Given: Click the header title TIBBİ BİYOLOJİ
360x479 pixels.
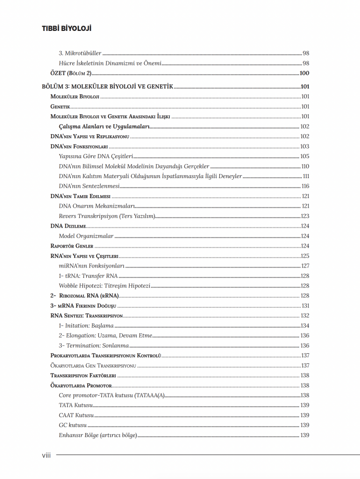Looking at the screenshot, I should tap(66, 28).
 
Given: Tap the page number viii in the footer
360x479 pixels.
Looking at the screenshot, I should tap(47, 455).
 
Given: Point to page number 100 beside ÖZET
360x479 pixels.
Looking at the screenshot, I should tap(304, 73).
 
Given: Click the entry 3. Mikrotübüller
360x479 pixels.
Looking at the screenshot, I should tap(80, 53).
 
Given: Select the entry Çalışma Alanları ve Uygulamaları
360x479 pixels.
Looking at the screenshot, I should tap(104, 126).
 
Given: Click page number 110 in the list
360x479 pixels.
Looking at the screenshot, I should tap(305, 166).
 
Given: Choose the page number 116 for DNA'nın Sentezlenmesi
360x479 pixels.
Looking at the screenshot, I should tap(305, 186).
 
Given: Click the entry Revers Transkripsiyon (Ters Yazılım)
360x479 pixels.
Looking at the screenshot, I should tap(107, 216).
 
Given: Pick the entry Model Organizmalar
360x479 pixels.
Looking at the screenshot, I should tap(86, 236).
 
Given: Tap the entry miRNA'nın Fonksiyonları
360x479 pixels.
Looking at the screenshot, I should tap(91, 266).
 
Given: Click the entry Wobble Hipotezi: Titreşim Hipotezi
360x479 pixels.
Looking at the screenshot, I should tap(104, 286).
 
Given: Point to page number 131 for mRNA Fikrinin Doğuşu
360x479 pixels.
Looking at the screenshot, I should tap(305, 306).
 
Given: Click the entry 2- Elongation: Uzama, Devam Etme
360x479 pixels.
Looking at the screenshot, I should tap(105, 336).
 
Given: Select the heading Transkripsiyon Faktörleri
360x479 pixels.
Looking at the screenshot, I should tap(83, 375).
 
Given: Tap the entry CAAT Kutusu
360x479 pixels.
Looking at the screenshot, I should tap(76, 415).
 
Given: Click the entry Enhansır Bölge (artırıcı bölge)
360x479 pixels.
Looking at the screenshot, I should tap(97, 435).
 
